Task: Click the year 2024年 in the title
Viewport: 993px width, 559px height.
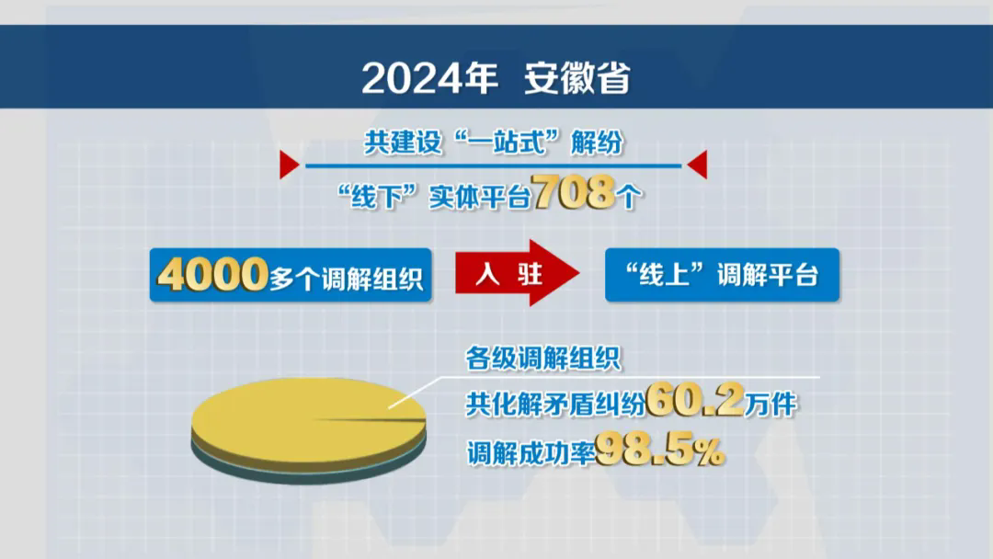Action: click(429, 79)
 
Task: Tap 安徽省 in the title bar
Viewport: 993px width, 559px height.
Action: click(577, 79)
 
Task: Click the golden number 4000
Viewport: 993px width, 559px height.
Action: click(212, 275)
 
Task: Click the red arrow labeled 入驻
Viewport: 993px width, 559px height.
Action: click(515, 275)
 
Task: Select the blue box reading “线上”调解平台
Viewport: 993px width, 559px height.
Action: click(722, 275)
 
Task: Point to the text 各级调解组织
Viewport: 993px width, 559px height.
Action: click(542, 358)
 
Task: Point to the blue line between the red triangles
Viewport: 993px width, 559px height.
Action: click(493, 165)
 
